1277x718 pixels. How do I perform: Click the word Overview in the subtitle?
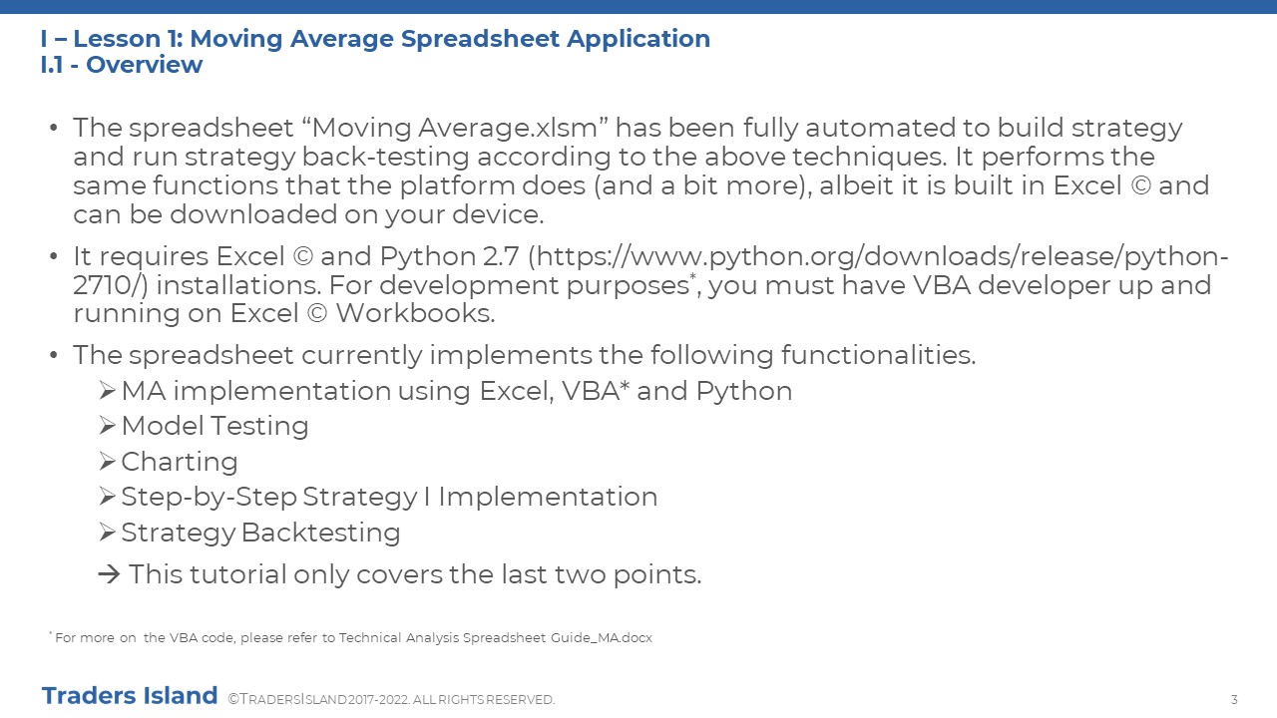coord(145,65)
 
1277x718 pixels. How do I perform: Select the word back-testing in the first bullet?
coord(385,157)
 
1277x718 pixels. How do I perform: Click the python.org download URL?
coord(650,270)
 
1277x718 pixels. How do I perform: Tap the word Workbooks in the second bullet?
coord(415,313)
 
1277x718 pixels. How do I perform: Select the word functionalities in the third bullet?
coord(879,355)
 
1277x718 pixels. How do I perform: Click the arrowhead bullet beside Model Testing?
coord(107,426)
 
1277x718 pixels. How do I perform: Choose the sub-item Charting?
coord(180,462)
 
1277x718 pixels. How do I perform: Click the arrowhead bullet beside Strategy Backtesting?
coord(107,533)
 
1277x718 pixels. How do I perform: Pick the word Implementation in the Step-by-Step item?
coord(548,497)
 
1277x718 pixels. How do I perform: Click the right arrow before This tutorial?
coord(109,574)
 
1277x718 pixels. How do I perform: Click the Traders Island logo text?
coord(130,696)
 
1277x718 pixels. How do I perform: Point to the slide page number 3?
coord(1234,700)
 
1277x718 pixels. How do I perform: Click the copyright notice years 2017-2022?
coord(378,700)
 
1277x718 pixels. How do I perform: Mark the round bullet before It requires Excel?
coord(54,256)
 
